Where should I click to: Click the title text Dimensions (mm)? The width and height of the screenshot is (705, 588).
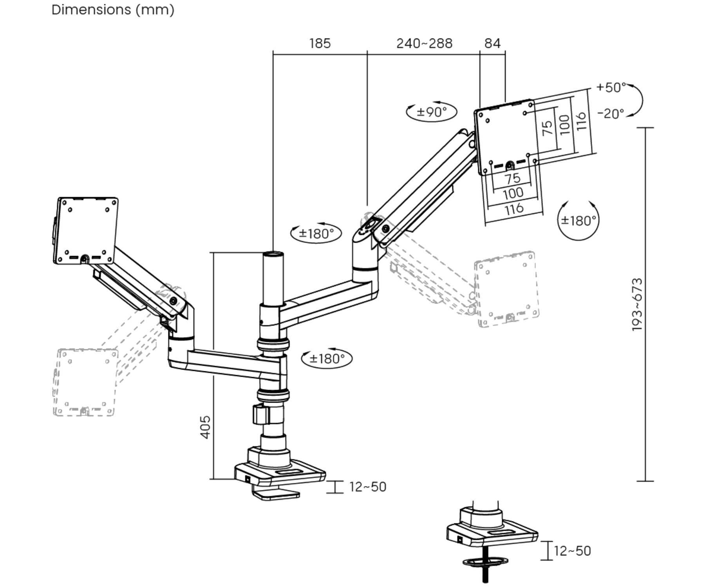113,10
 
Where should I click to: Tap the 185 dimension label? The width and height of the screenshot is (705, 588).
320,43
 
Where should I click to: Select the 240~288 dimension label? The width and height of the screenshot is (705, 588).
424,43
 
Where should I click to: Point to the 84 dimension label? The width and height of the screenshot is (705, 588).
492,43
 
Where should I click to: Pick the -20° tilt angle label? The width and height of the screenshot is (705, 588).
610,114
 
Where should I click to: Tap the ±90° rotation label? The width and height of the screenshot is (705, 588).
431,112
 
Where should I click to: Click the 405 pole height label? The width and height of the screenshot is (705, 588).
205,427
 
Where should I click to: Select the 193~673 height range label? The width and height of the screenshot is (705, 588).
637,305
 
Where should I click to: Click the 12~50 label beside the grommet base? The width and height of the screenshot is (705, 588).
572,551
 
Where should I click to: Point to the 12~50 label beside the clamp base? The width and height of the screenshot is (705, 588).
367,487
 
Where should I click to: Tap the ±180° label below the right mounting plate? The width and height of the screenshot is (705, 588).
578,221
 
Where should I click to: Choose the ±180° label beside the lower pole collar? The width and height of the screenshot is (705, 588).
327,359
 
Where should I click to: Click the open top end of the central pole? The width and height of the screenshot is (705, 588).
273,254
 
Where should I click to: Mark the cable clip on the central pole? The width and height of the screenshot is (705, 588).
260,415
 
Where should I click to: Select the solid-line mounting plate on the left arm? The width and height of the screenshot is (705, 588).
86,230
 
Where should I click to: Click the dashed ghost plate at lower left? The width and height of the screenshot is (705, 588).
85,382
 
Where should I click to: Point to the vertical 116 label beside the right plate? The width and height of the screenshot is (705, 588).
581,121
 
